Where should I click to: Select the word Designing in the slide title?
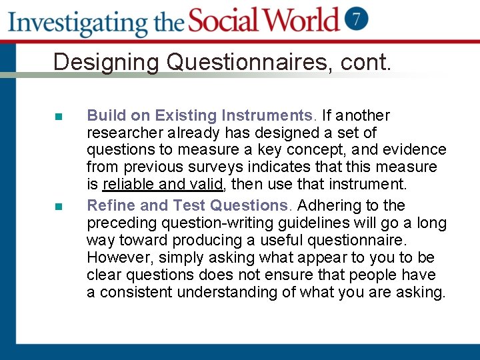point(107,62)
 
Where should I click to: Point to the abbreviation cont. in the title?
point(365,62)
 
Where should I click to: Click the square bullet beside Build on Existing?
point(59,116)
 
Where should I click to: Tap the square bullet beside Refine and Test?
point(59,206)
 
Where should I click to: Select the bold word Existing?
point(197,115)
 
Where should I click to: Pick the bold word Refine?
point(111,205)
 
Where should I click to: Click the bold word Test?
point(189,205)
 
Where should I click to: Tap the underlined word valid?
point(206,184)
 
